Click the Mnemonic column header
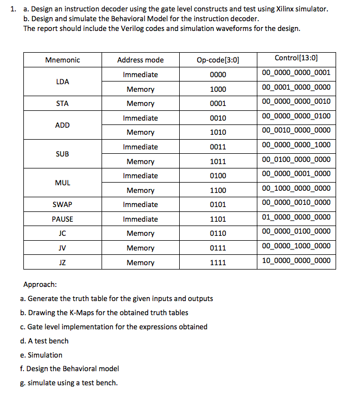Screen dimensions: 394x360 click(62, 60)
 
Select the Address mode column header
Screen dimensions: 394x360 click(140, 60)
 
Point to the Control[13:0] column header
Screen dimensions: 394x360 click(296, 58)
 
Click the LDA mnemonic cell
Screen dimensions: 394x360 click(62, 82)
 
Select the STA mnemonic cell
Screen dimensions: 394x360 click(62, 103)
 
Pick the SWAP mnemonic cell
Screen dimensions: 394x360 click(62, 204)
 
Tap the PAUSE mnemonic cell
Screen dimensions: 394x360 click(62, 219)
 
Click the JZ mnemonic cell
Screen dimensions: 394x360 click(62, 262)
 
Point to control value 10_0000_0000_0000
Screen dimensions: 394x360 click(296, 261)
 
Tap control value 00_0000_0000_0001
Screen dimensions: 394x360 click(296, 73)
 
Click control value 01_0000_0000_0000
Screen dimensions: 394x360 click(296, 217)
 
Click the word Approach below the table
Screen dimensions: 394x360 click(40, 284)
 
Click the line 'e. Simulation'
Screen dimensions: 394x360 click(41, 355)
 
